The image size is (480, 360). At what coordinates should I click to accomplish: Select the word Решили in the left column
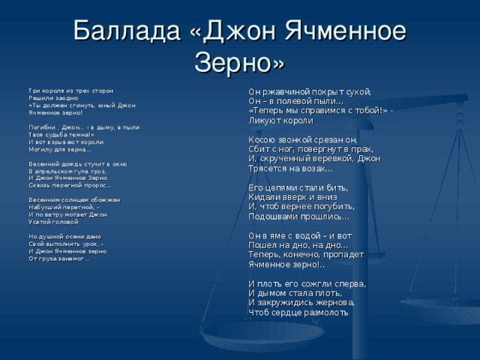click(39, 97)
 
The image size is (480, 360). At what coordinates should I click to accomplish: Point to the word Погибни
click(40, 128)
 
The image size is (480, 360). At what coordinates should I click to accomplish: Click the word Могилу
click(39, 148)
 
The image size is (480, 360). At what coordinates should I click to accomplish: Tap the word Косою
click(263, 140)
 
